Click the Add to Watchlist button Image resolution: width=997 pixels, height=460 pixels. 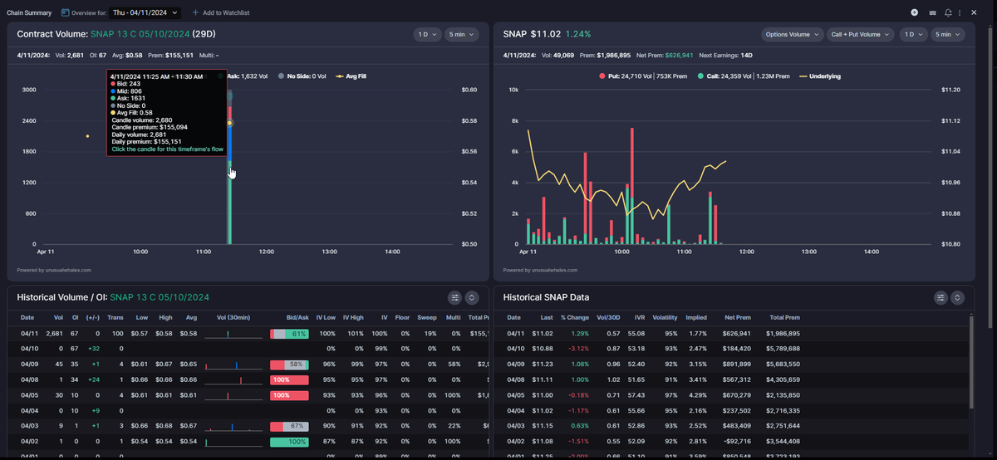[x=221, y=13]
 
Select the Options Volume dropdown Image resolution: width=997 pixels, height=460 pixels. [x=792, y=34]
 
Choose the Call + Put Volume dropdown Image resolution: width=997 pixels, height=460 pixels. [x=860, y=34]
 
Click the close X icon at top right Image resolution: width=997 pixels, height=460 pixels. [x=974, y=12]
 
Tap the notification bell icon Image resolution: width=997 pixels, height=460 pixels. [x=948, y=12]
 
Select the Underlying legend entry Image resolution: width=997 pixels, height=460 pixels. [x=819, y=76]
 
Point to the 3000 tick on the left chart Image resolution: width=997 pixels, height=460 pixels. [x=29, y=90]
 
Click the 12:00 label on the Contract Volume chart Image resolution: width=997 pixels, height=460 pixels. [x=267, y=251]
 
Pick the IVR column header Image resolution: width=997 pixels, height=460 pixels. [x=639, y=317]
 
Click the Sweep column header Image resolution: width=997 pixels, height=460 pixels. [x=426, y=317]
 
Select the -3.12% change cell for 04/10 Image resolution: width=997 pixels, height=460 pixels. [x=575, y=348]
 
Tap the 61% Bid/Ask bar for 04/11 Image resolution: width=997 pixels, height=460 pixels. [x=289, y=333]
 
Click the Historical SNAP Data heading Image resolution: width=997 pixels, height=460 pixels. [x=546, y=297]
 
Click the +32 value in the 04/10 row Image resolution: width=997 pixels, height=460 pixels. [x=94, y=348]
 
